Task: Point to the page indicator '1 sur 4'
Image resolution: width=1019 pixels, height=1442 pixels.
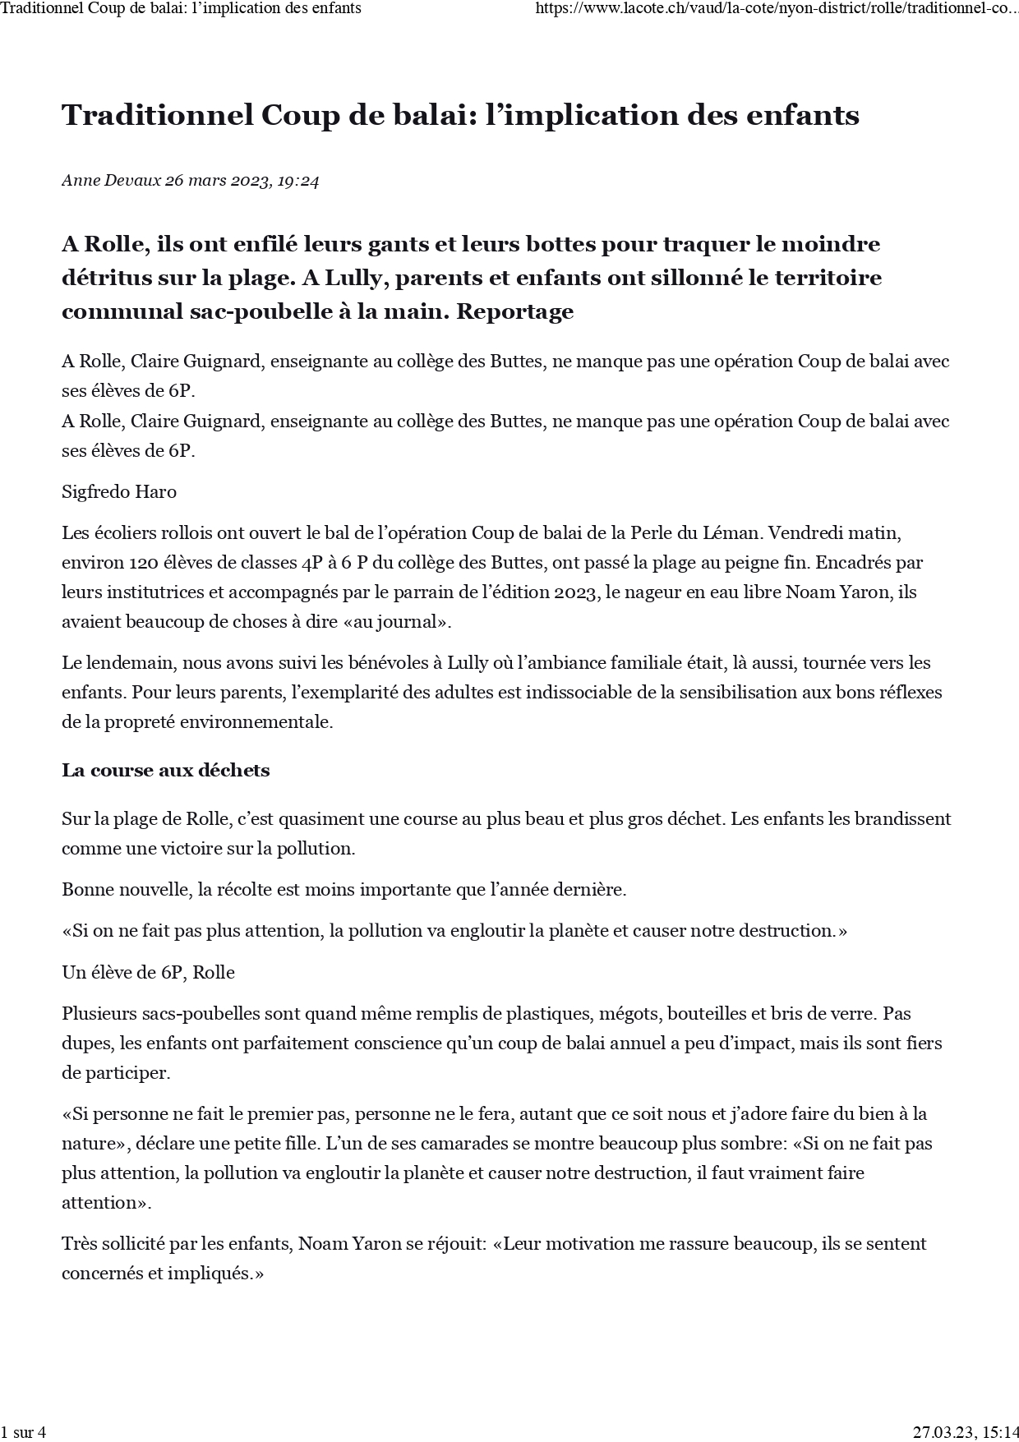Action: pyautogui.click(x=23, y=1432)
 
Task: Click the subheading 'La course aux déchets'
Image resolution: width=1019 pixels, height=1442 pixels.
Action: pyautogui.click(x=165, y=771)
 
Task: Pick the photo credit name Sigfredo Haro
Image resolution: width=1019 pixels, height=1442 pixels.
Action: pyautogui.click(x=119, y=492)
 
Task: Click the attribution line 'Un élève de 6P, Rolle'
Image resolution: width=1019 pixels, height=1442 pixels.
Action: pyautogui.click(x=148, y=973)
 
